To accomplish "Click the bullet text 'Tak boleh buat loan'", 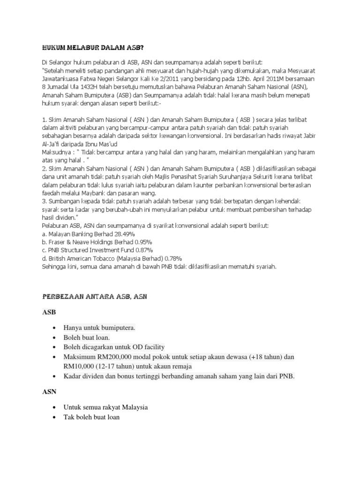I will [x=92, y=417].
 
